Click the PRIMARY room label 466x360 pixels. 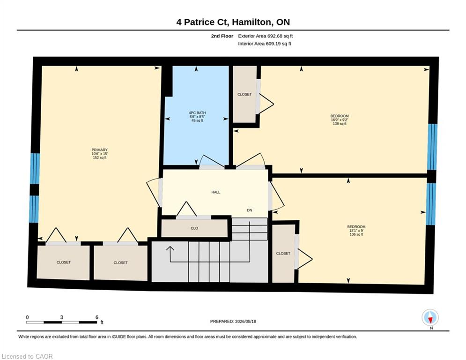click(100, 150)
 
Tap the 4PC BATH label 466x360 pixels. click(197, 113)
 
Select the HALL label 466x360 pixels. click(216, 192)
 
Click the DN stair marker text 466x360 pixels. click(249, 210)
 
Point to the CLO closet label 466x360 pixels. click(194, 228)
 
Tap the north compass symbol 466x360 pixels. click(430, 317)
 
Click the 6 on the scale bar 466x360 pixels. click(97, 317)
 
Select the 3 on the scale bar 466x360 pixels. click(62, 317)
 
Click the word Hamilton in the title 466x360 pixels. click(252, 22)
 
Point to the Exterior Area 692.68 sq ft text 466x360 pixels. click(266, 36)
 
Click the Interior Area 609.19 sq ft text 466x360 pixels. click(265, 44)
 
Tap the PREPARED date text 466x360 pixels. click(233, 321)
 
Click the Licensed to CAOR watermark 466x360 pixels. click(27, 356)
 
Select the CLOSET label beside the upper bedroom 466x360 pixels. click(244, 94)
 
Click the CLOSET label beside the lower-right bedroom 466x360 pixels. click(283, 254)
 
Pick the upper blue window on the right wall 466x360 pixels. click(432, 147)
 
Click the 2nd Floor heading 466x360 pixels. click(222, 36)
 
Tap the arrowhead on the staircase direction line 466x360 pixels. click(170, 248)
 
